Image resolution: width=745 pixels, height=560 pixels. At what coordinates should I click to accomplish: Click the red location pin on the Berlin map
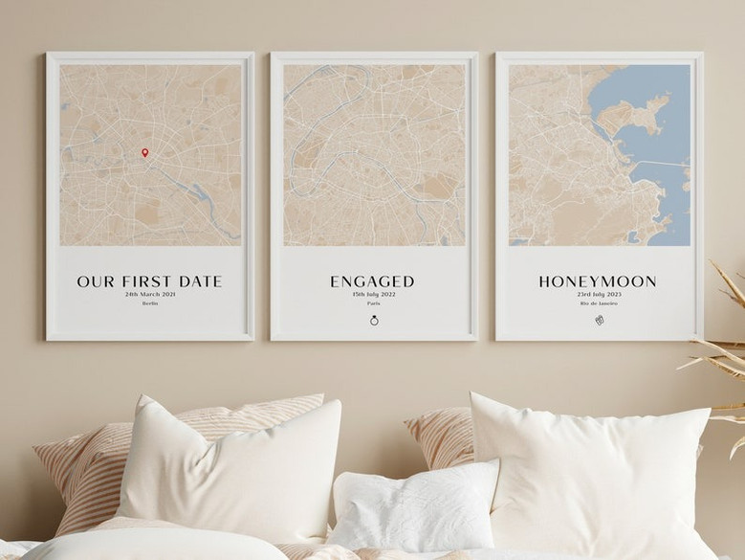tap(144, 152)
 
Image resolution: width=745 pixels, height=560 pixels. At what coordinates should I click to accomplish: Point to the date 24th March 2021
tap(149, 294)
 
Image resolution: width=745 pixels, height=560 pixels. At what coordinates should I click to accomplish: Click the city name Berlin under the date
tap(149, 303)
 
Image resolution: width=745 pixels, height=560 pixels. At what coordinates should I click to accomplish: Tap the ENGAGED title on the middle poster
tap(373, 281)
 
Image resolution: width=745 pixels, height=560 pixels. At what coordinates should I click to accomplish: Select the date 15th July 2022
tap(373, 294)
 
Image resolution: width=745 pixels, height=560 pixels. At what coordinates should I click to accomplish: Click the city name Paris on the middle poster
tap(373, 303)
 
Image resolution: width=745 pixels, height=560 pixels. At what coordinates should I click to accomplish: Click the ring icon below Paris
tap(373, 321)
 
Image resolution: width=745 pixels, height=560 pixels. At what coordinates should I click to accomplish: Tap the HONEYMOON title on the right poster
tap(598, 281)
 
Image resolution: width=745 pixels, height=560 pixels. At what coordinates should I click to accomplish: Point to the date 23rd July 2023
tap(598, 294)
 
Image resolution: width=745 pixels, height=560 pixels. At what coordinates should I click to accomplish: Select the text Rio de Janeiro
tap(598, 303)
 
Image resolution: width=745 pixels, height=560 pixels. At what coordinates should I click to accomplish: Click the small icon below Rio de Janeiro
tap(598, 320)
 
